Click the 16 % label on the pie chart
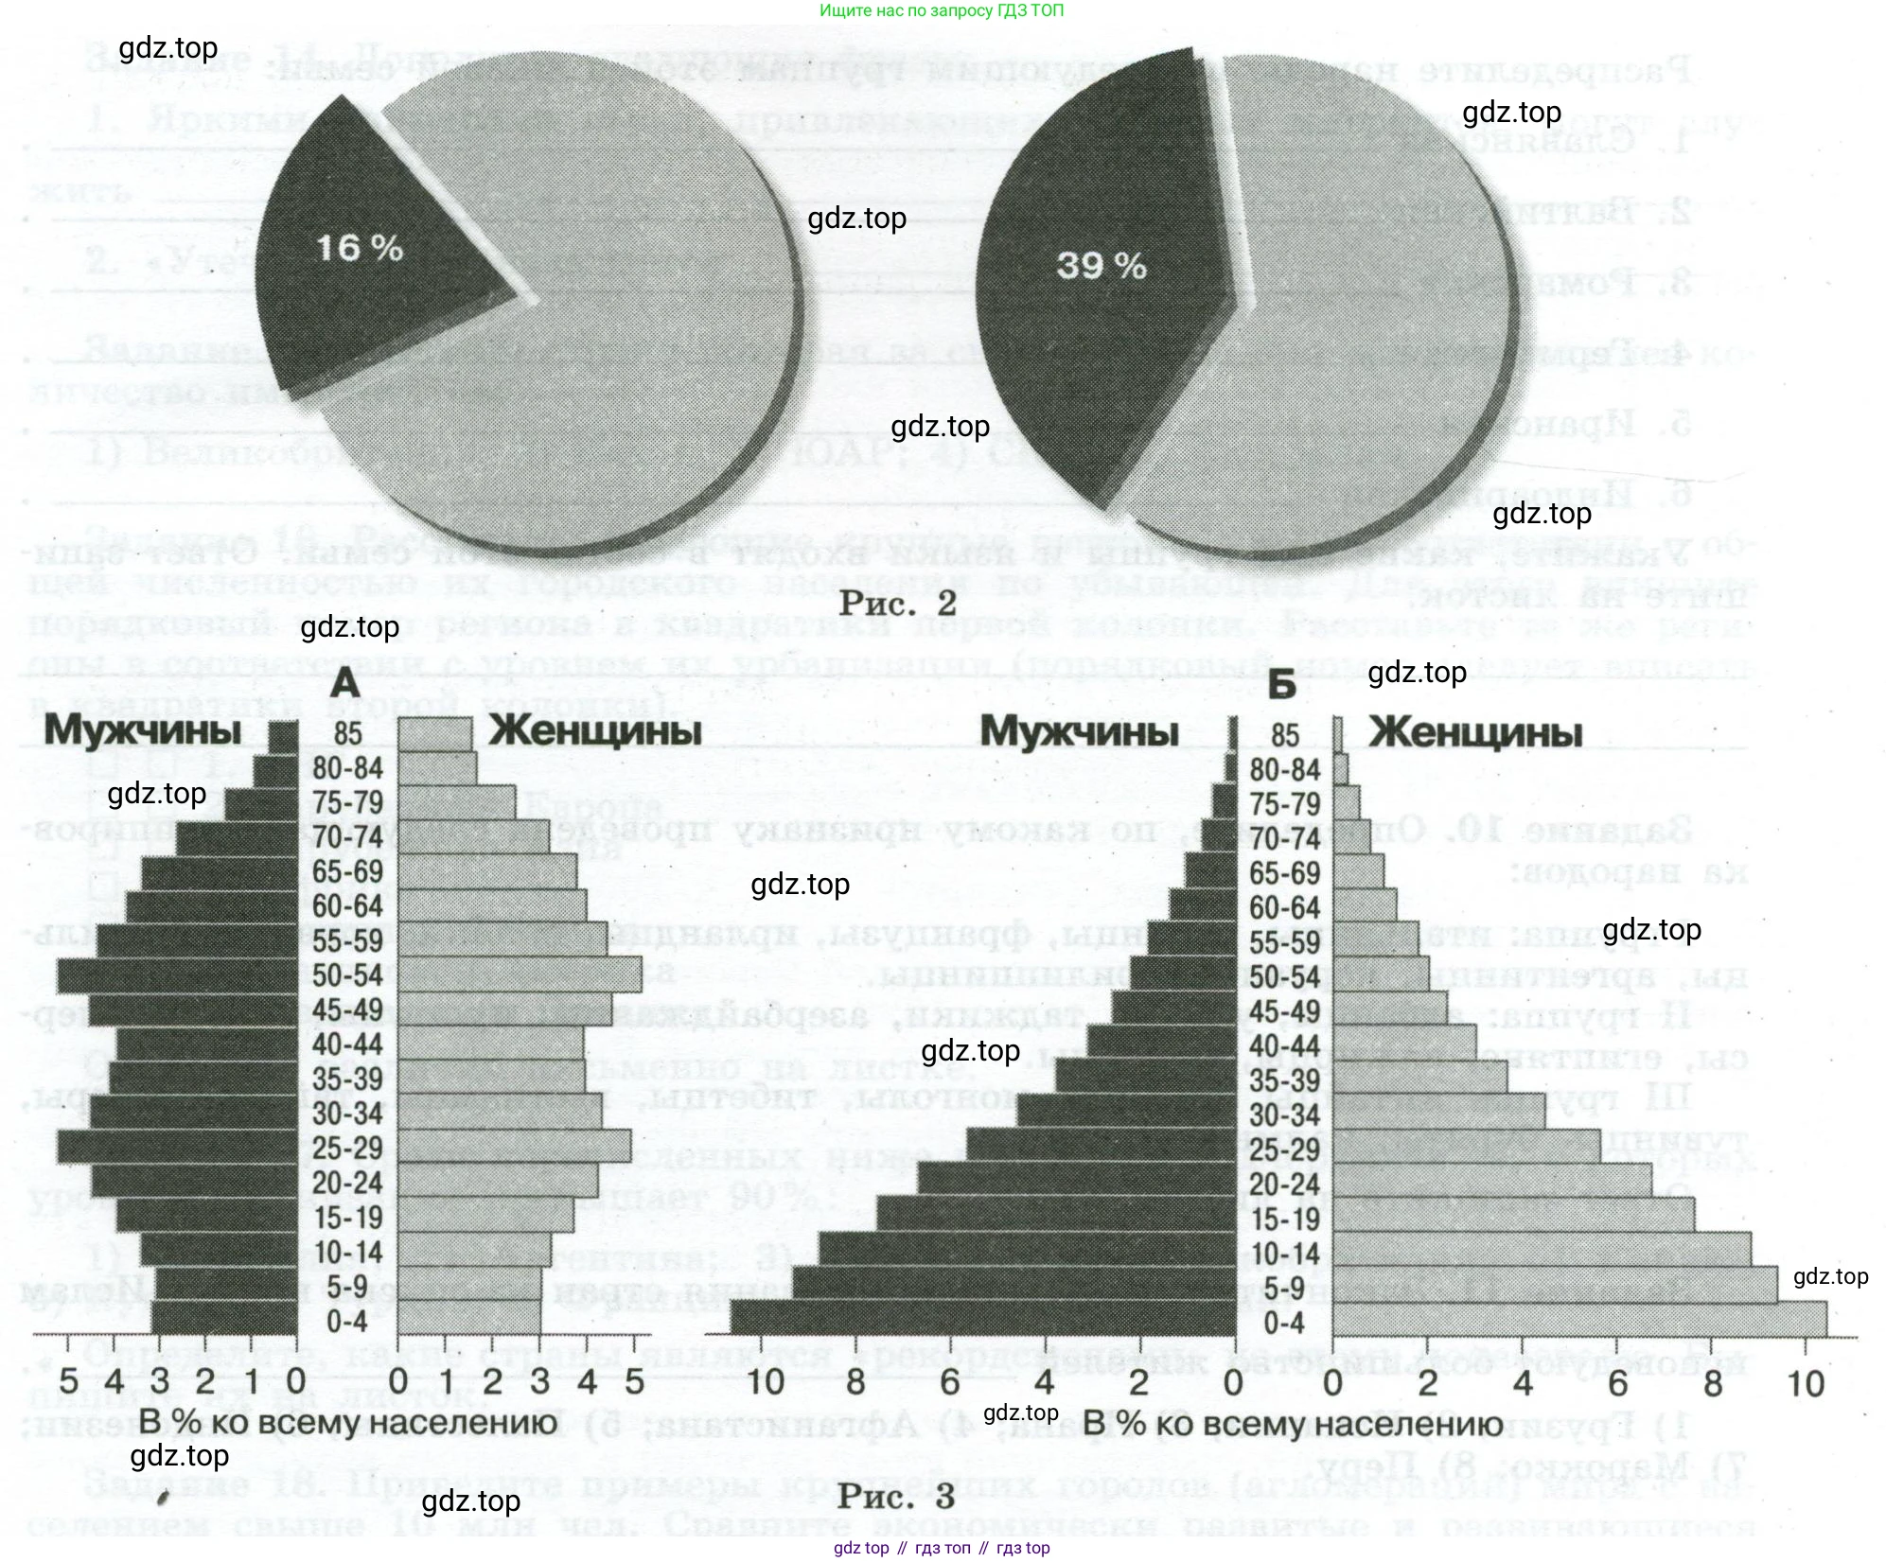360,248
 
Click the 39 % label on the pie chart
1102,265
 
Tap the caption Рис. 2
898,603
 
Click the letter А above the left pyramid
346,682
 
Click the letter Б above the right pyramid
1281,683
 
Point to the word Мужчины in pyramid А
143,730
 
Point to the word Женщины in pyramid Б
1475,732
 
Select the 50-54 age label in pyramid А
347,975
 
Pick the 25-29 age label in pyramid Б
1284,1150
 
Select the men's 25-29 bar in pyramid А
178,1148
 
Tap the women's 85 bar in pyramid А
434,734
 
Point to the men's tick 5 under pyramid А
68,1380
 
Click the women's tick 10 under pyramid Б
1806,1384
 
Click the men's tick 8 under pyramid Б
855,1383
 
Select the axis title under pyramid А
348,1424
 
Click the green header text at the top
942,10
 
